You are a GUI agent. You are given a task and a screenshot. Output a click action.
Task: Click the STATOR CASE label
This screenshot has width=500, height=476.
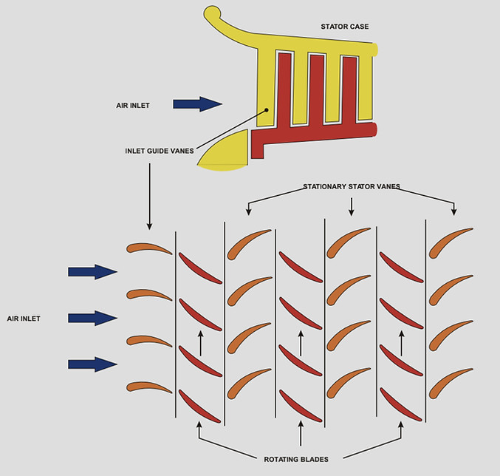344,27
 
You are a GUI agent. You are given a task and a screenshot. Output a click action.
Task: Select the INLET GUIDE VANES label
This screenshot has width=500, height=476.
160,151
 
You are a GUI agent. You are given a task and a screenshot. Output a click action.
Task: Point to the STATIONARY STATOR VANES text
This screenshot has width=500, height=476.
351,187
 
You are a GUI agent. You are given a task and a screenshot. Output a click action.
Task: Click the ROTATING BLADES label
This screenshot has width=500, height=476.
296,459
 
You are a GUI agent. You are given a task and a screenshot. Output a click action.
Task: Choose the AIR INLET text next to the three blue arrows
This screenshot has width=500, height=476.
24,319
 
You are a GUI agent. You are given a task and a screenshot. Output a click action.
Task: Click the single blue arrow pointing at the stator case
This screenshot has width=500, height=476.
197,104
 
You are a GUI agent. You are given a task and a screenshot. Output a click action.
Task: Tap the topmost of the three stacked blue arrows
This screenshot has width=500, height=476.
92,272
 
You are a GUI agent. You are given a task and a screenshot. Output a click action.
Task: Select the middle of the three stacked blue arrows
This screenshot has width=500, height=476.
92,318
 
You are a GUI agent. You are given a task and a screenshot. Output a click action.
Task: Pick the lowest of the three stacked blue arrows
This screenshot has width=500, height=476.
92,364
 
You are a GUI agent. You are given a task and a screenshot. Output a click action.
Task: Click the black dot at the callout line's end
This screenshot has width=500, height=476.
267,112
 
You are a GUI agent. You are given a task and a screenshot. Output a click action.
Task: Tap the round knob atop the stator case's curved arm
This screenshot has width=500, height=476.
212,13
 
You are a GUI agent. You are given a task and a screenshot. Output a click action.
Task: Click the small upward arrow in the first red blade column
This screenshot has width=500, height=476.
200,343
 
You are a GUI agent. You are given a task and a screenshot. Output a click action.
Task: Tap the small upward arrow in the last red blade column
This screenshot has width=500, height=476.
401,343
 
